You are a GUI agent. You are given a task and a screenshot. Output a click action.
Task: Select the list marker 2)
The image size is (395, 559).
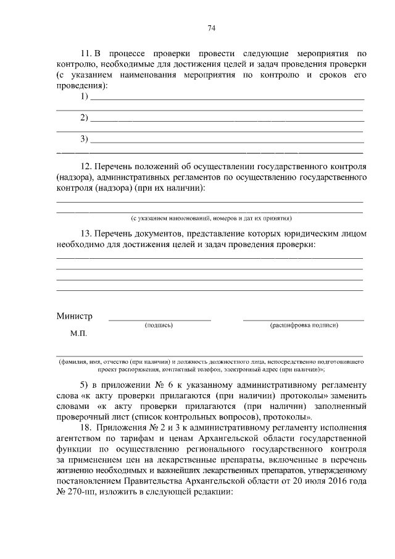[x=85, y=117]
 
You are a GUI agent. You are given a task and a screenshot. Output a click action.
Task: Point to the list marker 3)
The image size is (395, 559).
[x=85, y=138]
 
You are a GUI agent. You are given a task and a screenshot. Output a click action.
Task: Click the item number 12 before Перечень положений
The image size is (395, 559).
[x=86, y=167]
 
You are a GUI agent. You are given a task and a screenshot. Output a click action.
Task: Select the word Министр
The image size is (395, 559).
[x=74, y=316]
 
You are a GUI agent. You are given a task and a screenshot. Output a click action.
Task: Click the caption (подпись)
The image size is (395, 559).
[x=159, y=324]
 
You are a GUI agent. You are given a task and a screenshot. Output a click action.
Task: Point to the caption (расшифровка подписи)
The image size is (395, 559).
[x=303, y=324]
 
